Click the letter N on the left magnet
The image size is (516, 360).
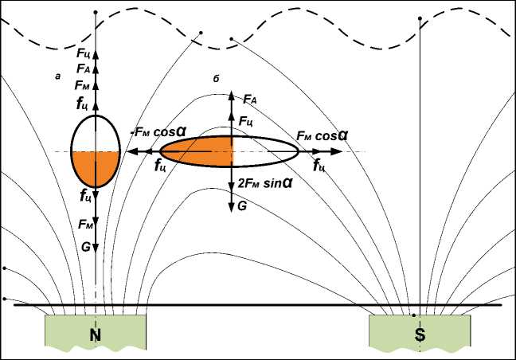(95, 336)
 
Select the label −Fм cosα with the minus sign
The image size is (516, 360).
(155, 134)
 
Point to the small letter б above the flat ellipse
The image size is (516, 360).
(216, 77)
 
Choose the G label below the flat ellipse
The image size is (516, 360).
(241, 205)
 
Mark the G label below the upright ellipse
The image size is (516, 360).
(85, 247)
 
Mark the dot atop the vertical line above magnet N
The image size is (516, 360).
(96, 13)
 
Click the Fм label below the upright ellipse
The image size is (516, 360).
(85, 226)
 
